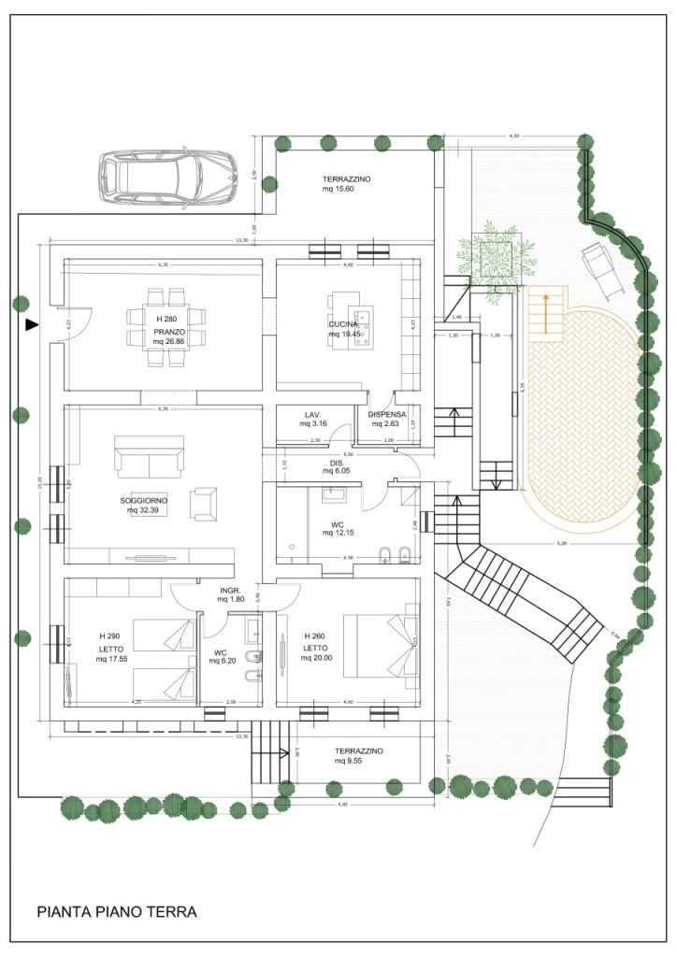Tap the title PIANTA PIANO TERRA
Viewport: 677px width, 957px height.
tap(117, 911)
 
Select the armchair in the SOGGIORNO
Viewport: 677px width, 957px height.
tap(205, 503)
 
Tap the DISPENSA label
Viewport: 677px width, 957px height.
tap(387, 414)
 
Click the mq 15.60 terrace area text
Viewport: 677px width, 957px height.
tap(339, 189)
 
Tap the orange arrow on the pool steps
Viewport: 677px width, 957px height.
tap(540, 313)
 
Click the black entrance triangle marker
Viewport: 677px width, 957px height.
tap(32, 325)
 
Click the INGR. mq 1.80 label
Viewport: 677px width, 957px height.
tap(231, 594)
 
